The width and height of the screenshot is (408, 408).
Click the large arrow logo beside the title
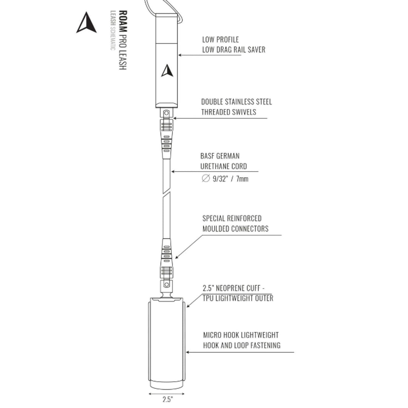(87, 23)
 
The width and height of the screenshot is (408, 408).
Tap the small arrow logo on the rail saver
(167, 71)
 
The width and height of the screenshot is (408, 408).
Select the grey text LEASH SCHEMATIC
(113, 31)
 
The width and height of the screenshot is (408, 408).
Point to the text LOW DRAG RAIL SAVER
(234, 49)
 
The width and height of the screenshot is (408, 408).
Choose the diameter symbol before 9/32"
(206, 178)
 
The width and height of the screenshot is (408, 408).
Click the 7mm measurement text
(242, 179)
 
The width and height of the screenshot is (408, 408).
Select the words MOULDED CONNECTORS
(235, 229)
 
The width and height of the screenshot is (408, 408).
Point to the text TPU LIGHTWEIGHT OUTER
(238, 298)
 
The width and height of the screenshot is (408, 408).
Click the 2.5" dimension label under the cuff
(168, 399)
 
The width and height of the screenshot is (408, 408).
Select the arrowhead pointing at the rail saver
(180, 55)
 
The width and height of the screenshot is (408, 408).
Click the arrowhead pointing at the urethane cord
(173, 172)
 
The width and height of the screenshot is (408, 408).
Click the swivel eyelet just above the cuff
(167, 284)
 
